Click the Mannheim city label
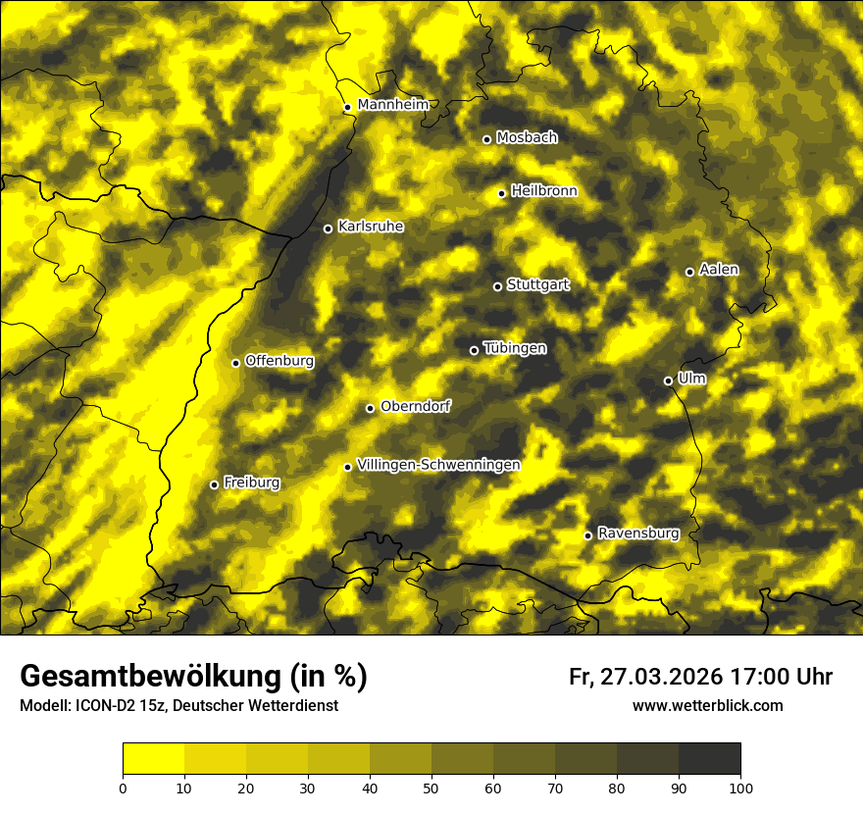pyautogui.click(x=392, y=105)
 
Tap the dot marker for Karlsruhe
pyautogui.click(x=329, y=229)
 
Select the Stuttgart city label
pyautogui.click(x=537, y=284)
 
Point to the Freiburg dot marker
pyautogui.click(x=214, y=484)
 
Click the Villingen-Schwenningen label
pyautogui.click(x=438, y=464)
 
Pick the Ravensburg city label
pyautogui.click(x=637, y=534)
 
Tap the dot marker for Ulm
pyautogui.click(x=668, y=381)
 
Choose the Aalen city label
pyautogui.click(x=719, y=270)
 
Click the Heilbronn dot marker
pyautogui.click(x=501, y=193)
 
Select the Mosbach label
pyautogui.click(x=527, y=137)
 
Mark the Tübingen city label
pyautogui.click(x=515, y=348)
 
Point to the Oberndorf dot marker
pyautogui.click(x=370, y=408)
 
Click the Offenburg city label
pyautogui.click(x=279, y=361)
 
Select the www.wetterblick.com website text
pyautogui.click(x=707, y=705)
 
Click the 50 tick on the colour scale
pyautogui.click(x=431, y=788)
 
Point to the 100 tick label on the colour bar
pyautogui.click(x=740, y=788)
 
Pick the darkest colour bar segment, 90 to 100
pyautogui.click(x=709, y=759)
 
